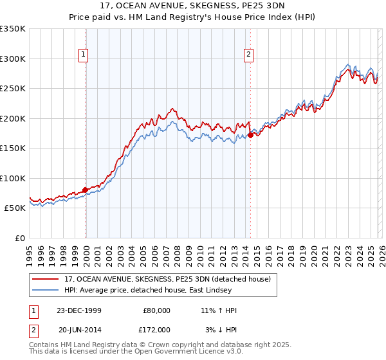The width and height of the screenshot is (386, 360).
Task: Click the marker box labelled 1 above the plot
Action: pos(84,55)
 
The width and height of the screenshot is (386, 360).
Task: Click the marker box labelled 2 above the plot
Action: pos(248,55)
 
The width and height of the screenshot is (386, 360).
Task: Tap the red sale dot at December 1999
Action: pos(86,190)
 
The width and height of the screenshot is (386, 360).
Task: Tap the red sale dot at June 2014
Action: pos(250,136)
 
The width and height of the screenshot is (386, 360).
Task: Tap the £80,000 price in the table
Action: pos(156,310)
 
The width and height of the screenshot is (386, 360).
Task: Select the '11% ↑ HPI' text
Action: pos(219,310)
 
